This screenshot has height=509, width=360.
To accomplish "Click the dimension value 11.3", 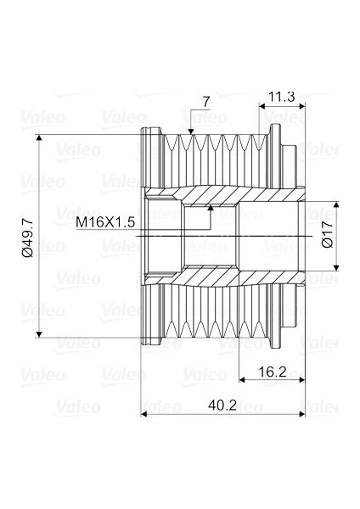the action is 282,97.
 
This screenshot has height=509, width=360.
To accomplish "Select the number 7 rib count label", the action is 206,103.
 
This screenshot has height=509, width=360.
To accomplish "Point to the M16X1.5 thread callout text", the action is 105,222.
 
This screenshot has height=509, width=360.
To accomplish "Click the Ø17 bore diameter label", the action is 329,235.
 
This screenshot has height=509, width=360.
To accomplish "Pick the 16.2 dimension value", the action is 273,372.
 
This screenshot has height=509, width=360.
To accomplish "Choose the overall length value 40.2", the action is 222,406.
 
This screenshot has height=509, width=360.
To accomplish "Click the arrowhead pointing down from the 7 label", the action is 190,131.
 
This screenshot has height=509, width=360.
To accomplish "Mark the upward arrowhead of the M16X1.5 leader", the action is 211,209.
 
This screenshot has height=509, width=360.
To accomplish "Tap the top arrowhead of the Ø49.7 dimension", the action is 39,138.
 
